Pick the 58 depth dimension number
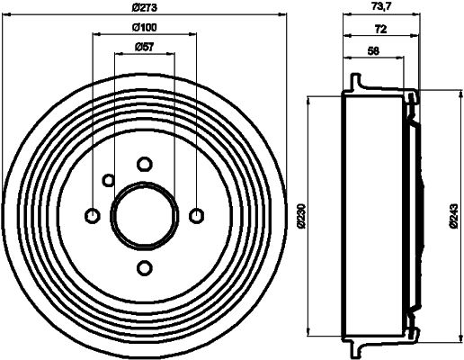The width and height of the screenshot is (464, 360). [x=374, y=50]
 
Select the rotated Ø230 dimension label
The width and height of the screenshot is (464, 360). [x=303, y=214]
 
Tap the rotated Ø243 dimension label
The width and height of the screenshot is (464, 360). [x=454, y=214]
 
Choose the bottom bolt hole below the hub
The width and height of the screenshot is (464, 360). [x=144, y=267]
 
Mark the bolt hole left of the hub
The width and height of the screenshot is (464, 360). [x=91, y=215]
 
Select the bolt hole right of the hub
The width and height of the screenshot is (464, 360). [x=197, y=215]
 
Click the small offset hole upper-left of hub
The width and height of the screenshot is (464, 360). [x=108, y=180]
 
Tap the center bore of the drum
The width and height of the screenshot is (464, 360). [x=144, y=215]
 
